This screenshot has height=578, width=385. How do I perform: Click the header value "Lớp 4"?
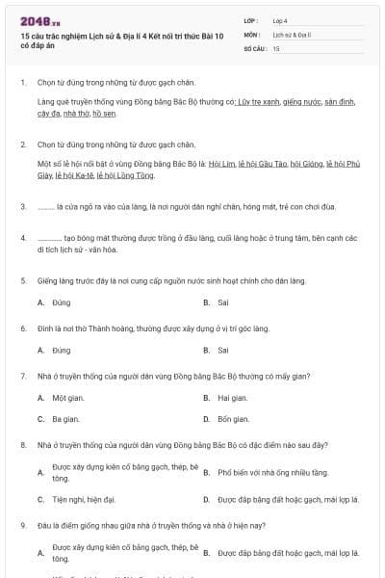point(280,20)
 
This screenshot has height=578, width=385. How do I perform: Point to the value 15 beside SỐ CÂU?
point(276,47)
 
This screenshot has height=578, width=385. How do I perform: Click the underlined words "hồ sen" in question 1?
point(103,114)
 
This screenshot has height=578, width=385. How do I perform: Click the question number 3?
point(22,207)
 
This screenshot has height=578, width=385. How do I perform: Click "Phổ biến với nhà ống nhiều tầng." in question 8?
point(273,473)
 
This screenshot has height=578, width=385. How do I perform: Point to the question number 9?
point(22,525)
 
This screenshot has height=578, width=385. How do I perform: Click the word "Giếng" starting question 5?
point(47,280)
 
